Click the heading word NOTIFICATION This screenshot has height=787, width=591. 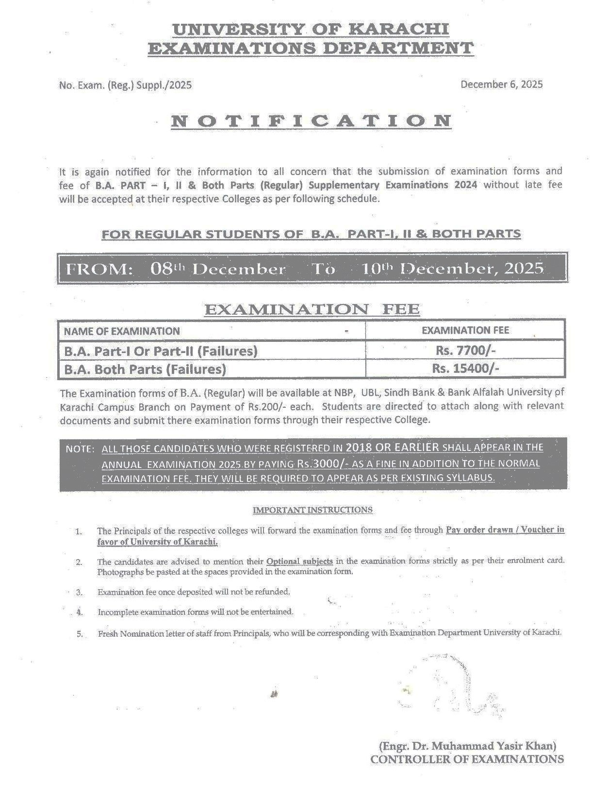click(311, 121)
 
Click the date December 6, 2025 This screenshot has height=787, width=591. click(501, 84)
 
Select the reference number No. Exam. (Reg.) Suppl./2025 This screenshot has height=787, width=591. click(125, 85)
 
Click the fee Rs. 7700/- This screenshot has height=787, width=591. click(465, 350)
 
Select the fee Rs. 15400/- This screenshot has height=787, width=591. click(465, 369)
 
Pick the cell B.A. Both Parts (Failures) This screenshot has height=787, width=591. click(145, 369)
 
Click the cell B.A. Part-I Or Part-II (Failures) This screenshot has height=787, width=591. click(161, 351)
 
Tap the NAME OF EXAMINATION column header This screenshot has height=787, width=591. click(122, 331)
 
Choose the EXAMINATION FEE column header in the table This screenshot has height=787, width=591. click(465, 330)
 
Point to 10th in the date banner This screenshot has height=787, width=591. click(380, 268)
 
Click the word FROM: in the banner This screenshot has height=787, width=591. click(99, 269)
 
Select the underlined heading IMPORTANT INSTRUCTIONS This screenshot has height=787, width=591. click(313, 510)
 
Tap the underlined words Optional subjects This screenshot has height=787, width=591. click(299, 561)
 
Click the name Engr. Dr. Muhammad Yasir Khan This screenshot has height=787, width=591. click(467, 745)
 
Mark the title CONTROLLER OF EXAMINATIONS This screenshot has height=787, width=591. click(467, 759)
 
